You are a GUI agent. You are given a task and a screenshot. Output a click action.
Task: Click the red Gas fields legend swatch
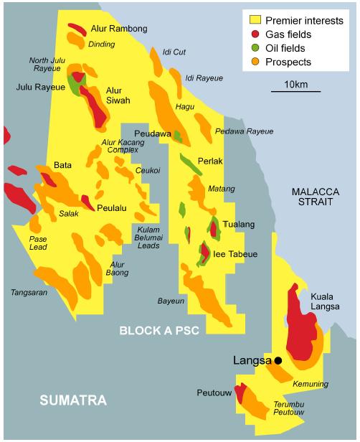pos(253,34)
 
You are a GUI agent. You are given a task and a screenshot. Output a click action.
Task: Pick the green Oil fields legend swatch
pos(253,48)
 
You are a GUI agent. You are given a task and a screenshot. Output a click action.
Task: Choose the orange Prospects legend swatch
pos(253,62)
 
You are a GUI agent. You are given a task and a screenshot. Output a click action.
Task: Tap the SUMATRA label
pos(72,400)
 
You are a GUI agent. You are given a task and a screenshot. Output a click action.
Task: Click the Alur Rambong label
pos(119,29)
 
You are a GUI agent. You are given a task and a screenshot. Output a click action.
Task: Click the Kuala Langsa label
pos(325,301)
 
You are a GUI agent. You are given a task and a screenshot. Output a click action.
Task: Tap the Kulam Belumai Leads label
pos(151,237)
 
